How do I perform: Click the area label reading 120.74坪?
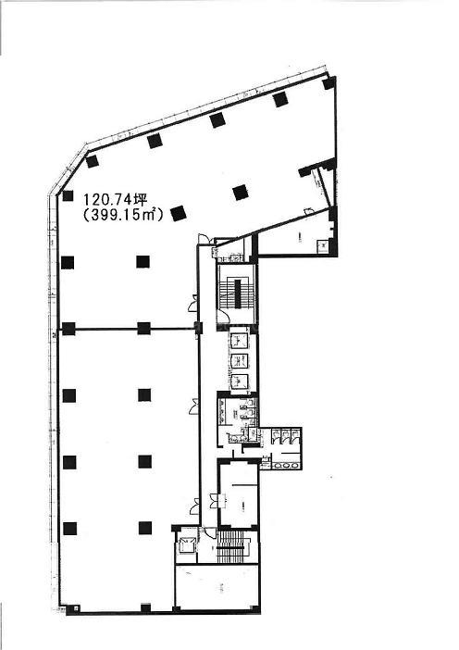point(115,200)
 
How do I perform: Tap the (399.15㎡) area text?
point(123,215)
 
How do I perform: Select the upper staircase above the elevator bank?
point(235,294)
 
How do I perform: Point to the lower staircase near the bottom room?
point(233,546)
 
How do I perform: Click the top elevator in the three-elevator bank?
point(239,341)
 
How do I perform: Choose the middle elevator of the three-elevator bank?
point(239,361)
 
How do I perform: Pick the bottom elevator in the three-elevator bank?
point(239,381)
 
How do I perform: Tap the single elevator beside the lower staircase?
point(186,546)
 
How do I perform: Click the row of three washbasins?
point(286,465)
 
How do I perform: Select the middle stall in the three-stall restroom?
point(285,434)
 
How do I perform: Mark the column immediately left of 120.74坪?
point(68,196)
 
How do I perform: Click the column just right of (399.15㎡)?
point(179,214)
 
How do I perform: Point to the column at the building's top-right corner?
point(329,83)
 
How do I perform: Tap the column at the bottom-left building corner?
point(71,608)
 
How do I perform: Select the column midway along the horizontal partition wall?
point(143,329)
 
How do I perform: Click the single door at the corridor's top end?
point(204,240)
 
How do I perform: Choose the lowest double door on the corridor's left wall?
point(194,506)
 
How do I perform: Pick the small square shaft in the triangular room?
point(322,245)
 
